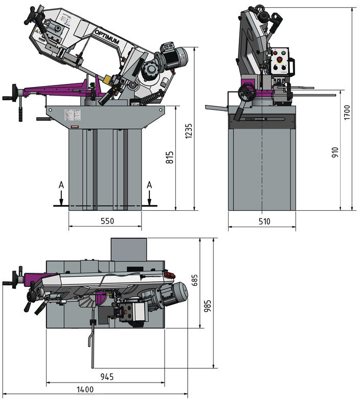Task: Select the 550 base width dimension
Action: (105, 221)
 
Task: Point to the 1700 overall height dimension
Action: (347, 112)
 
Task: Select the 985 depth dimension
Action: (207, 305)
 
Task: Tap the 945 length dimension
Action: (106, 377)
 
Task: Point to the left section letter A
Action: (61, 185)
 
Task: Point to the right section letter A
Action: (149, 185)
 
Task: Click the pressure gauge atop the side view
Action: (260, 9)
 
